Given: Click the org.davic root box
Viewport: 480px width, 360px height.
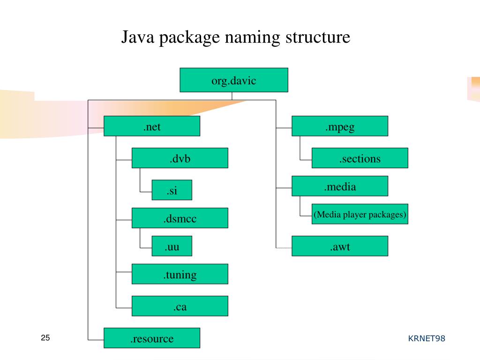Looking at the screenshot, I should click(234, 80).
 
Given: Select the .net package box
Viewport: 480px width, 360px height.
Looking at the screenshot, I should click(152, 126).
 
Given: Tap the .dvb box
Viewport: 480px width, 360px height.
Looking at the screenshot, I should click(180, 158).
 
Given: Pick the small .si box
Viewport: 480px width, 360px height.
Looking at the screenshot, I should click(172, 190).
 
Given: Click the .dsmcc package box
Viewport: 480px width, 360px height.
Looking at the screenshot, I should click(180, 218).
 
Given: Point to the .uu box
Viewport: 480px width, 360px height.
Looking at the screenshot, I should click(172, 246).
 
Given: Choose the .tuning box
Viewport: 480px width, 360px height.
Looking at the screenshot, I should click(180, 274).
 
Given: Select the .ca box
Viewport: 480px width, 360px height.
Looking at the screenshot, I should click(180, 306).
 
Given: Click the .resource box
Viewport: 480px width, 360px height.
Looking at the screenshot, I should click(152, 338).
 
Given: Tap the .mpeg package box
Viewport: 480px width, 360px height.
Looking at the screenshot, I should click(340, 126).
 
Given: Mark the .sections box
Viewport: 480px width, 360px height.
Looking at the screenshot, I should click(360, 158).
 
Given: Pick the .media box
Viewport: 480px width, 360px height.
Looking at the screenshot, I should click(340, 186).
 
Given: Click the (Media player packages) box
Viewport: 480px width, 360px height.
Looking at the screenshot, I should click(360, 214).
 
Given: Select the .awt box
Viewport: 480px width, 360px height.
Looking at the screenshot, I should click(340, 246).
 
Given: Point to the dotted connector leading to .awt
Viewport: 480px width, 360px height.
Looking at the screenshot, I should click(284, 247).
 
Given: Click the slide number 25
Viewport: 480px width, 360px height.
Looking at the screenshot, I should click(45, 338).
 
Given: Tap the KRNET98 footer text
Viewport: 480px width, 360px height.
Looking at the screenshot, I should click(426, 338).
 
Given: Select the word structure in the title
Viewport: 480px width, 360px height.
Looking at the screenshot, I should click(317, 37).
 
